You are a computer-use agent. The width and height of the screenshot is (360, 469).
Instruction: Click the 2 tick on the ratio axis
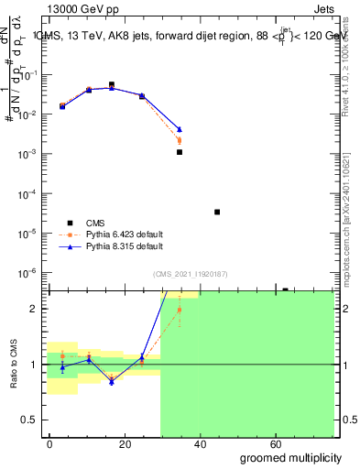36,309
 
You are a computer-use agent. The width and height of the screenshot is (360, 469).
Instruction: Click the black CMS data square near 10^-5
217,212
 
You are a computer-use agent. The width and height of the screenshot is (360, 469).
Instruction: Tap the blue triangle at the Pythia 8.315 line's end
180,129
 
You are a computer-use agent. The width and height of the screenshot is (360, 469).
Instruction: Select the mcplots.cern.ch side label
348,234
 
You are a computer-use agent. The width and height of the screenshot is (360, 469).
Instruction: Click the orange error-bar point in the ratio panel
180,310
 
